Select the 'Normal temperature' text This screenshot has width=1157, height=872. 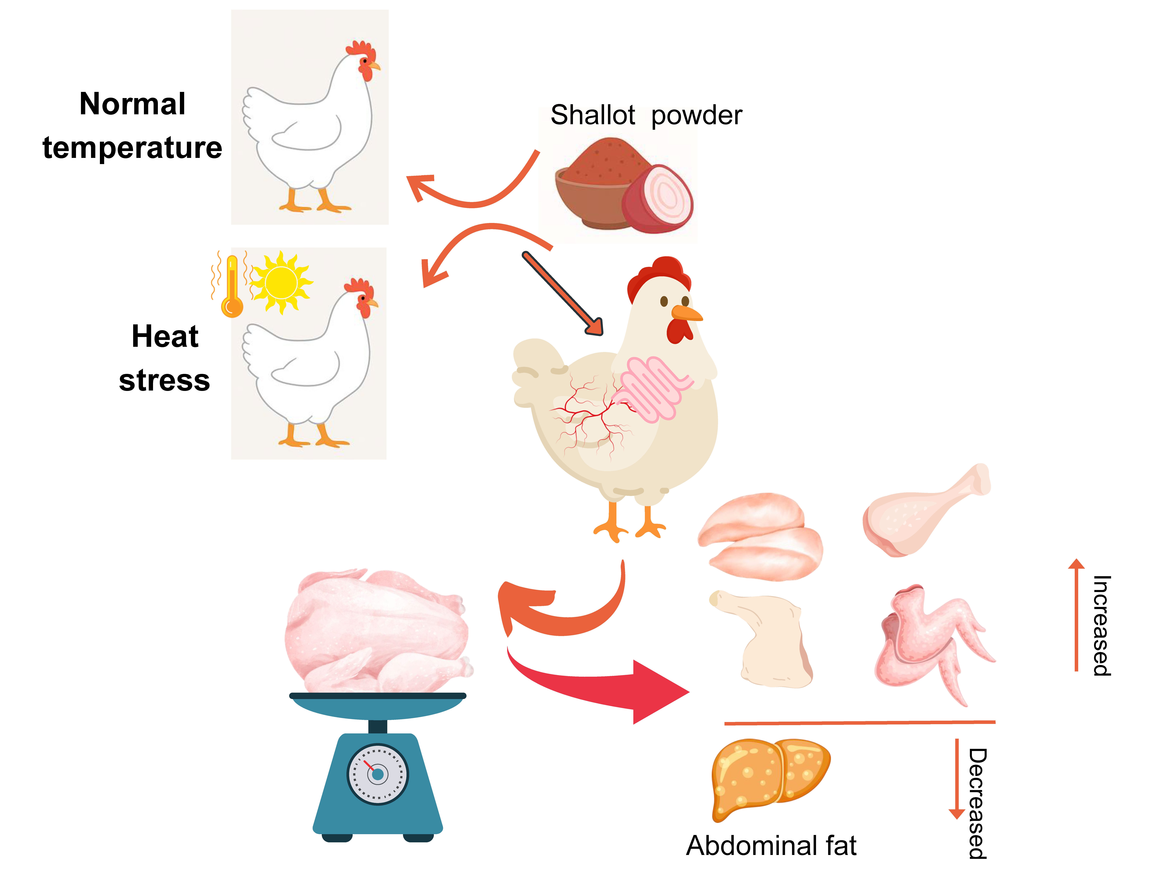click(x=132, y=125)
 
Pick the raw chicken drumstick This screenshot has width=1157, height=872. click(x=921, y=512)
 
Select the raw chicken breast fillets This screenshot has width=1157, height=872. click(x=761, y=536)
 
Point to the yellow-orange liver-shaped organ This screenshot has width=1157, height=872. click(x=769, y=776)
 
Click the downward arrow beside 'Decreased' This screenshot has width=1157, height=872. click(x=957, y=779)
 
